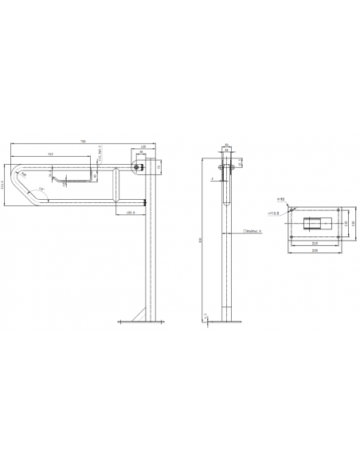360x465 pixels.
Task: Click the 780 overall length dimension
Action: click(x=83, y=142)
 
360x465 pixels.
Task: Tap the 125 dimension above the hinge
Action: click(x=143, y=147)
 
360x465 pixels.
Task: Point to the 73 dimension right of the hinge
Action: click(x=158, y=168)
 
